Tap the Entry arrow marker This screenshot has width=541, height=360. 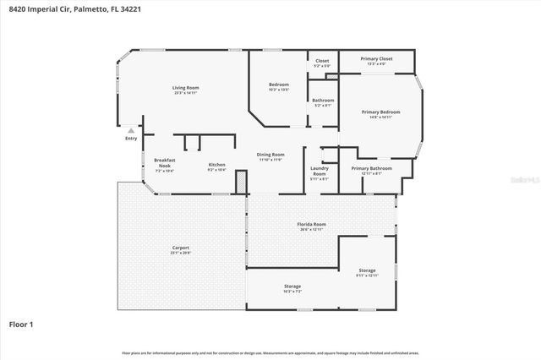click(130, 131)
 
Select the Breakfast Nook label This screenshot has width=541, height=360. click(164, 162)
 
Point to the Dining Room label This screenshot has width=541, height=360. click(270, 155)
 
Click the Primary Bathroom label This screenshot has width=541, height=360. click(371, 168)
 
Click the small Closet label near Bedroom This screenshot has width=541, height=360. click(322, 61)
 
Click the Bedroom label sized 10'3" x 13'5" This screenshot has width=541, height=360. click(279, 85)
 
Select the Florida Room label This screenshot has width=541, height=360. click(311, 225)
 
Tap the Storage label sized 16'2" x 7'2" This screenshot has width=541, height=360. click(292, 286)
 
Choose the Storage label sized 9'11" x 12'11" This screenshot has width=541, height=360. click(367, 271)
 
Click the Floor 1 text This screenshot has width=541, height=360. click(24, 324)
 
